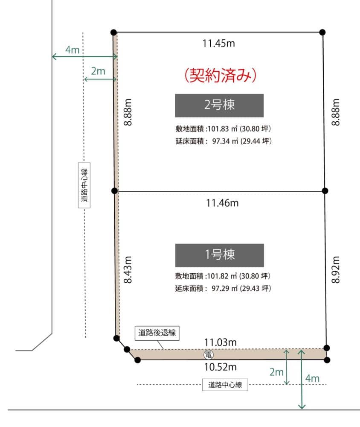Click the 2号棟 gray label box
[219, 105]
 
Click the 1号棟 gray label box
[220, 255]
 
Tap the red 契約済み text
[221, 75]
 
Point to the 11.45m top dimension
[218, 44]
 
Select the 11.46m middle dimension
[222, 203]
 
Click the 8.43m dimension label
[128, 269]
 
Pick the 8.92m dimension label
[336, 269]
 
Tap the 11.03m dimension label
[221, 342]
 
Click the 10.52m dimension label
[221, 367]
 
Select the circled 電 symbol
[209, 354]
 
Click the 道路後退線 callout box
[157, 333]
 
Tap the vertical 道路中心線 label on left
[84, 185]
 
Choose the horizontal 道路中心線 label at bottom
[225, 385]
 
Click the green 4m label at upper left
[72, 50]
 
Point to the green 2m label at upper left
[98, 71]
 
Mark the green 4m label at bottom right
[312, 378]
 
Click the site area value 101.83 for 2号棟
[218, 129]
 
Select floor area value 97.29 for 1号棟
[221, 288]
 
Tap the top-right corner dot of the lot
[322, 32]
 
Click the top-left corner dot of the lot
[114, 32]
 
